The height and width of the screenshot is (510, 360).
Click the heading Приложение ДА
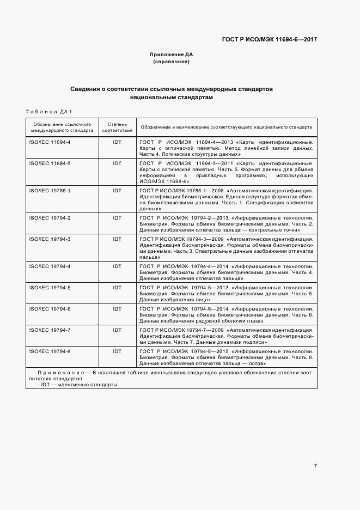click(171, 54)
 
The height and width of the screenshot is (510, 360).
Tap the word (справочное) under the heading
click(171, 62)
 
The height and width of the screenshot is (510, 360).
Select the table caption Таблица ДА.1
click(49, 112)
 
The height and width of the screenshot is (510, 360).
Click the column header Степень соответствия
click(117, 127)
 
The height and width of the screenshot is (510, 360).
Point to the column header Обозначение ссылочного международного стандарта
click(62, 127)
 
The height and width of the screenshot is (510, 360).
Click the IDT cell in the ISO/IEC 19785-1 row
click(117, 191)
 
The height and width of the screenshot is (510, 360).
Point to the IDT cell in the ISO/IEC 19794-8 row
click(117, 351)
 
